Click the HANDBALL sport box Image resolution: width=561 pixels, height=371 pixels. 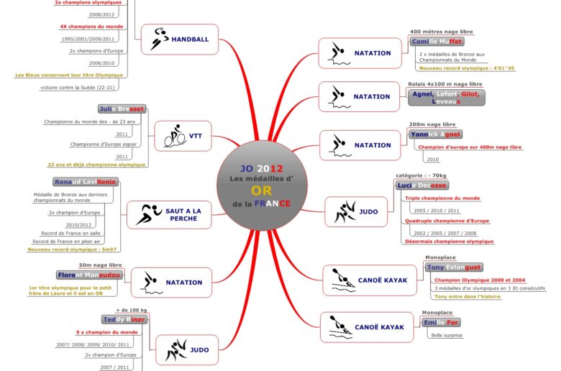pos(176,39)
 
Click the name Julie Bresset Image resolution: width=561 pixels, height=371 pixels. pos(122,109)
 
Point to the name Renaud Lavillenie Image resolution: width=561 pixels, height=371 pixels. pos(85,182)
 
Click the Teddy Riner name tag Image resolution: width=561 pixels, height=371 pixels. pos(124,319)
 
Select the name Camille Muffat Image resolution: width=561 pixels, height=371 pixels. pos(436,42)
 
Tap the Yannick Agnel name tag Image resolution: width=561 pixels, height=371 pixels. pos(436,134)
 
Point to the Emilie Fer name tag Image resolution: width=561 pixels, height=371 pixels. pos(440,323)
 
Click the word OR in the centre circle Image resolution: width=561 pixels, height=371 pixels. pos(261,191)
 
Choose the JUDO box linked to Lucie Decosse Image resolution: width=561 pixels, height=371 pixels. pos(357,212)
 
